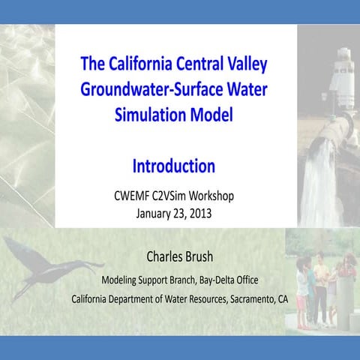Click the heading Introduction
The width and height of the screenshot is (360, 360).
(174, 165)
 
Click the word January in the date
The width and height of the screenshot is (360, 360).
(154, 212)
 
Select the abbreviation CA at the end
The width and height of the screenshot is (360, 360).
(281, 298)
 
